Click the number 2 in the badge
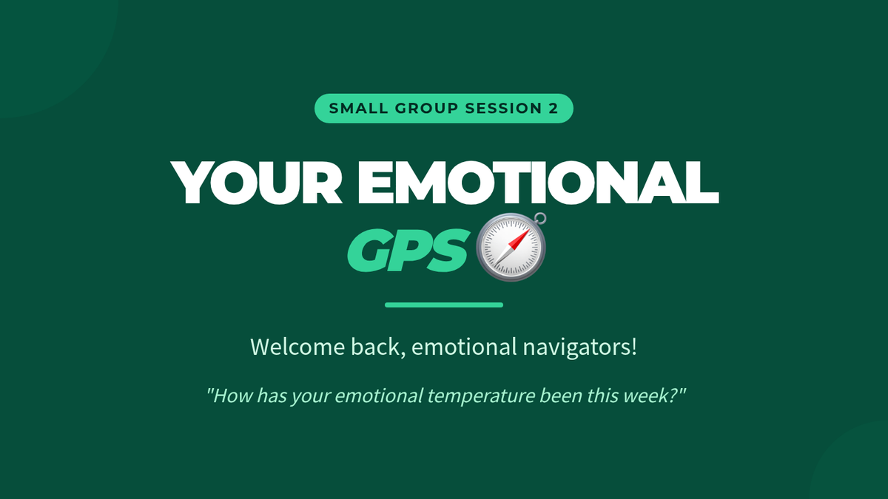click(554, 108)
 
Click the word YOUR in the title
click(257, 183)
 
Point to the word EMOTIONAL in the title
click(539, 183)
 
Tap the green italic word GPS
click(406, 251)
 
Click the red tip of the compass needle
click(528, 230)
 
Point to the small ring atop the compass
click(540, 219)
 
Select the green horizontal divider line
click(444, 305)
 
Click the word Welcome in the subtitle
click(297, 347)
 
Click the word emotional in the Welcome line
click(464, 347)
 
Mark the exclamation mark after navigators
click(634, 347)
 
